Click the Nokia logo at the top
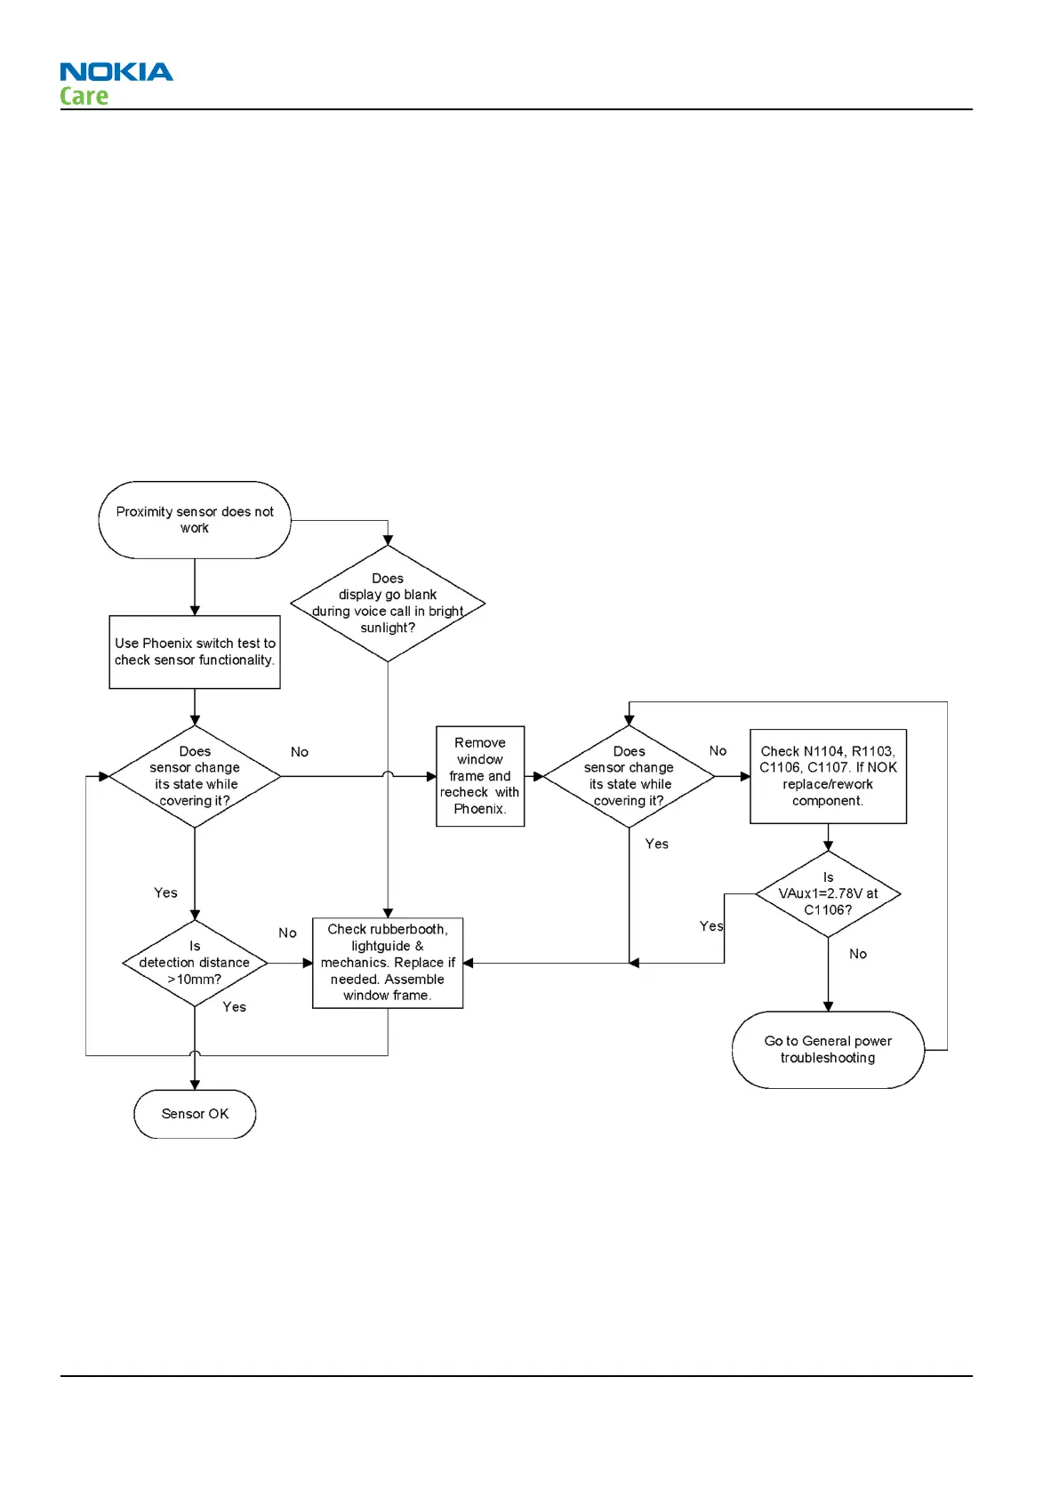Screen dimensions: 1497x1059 tap(116, 72)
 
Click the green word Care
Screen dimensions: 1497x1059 tap(84, 96)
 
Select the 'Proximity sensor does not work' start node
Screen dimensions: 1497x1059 tap(195, 520)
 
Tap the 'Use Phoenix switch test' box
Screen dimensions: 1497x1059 tap(195, 652)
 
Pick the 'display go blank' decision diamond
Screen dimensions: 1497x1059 tap(388, 604)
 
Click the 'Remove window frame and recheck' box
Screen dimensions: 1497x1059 tap(480, 776)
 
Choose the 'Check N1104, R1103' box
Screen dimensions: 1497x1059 tap(828, 776)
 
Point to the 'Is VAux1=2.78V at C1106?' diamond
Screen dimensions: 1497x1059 tap(828, 893)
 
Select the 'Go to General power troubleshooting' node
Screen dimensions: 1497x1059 tap(828, 1050)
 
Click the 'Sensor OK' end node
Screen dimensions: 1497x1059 tap(195, 1114)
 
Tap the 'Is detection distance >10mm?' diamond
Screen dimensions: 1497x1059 tap(195, 963)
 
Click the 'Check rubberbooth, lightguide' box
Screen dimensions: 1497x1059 tap(388, 963)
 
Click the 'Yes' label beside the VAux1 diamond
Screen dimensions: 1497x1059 tap(711, 926)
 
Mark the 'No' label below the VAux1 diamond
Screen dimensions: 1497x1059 tap(858, 954)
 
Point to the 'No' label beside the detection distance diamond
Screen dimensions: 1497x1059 tap(287, 933)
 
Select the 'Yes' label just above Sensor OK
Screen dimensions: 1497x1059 tap(235, 1007)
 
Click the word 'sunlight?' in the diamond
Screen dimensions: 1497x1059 tap(388, 628)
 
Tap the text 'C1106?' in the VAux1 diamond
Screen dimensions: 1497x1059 tap(828, 910)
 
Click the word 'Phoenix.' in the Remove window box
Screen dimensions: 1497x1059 tap(480, 809)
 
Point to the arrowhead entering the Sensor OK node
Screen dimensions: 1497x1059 tap(195, 1085)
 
